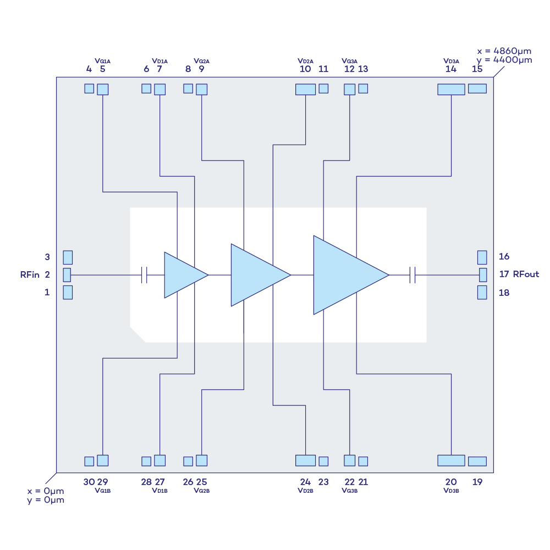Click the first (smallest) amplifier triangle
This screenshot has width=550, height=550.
[x=182, y=275]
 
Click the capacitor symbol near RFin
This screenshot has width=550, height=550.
[x=144, y=275]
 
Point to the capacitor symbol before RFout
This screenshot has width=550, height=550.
[x=413, y=274]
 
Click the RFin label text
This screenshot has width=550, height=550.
[x=30, y=275]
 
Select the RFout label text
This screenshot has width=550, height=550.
[x=526, y=274]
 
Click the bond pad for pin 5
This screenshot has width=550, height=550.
[x=102, y=89]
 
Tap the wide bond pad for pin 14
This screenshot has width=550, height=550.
[x=451, y=89]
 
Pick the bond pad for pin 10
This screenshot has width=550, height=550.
[x=305, y=89]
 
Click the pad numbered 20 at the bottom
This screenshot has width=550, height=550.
[x=451, y=460]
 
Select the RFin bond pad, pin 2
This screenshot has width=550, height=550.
[x=67, y=274]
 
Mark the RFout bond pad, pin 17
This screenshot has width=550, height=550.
[x=483, y=274]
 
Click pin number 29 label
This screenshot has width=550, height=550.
[x=102, y=482]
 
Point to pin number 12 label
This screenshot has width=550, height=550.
[x=349, y=69]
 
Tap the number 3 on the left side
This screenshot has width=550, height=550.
[x=47, y=257]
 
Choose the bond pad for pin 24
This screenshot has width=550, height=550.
[x=305, y=460]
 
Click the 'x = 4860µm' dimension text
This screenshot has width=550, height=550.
[x=504, y=51]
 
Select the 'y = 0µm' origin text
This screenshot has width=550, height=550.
[x=46, y=500]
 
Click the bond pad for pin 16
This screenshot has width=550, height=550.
[x=482, y=257]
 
